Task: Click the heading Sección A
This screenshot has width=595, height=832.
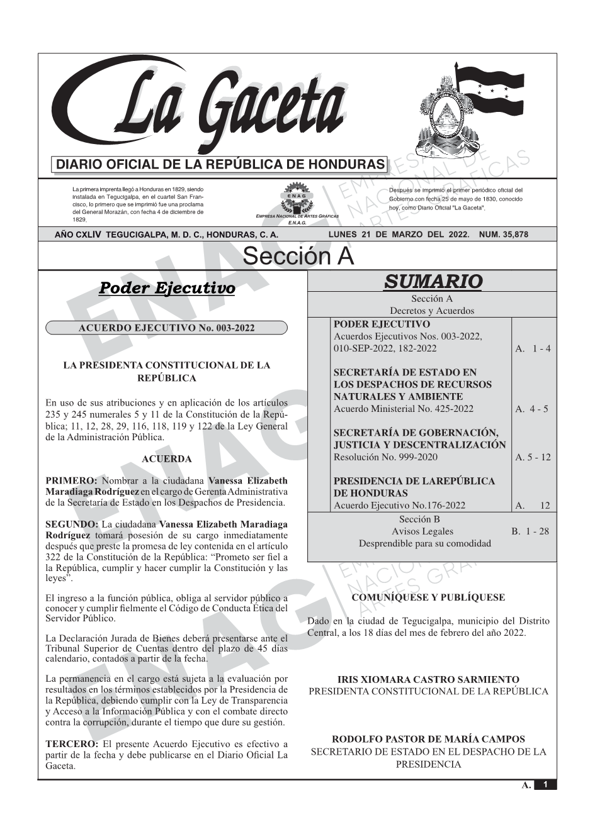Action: coord(298,256)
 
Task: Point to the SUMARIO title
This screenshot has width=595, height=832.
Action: coord(433,281)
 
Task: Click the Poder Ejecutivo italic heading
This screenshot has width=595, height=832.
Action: coord(167,288)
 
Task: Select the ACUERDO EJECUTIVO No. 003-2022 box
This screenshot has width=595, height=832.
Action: coord(166,328)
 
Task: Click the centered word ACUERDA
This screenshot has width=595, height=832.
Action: coord(166,459)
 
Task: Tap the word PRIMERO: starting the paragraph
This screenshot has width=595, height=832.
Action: coord(71,480)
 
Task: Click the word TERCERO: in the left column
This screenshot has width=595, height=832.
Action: coord(71,743)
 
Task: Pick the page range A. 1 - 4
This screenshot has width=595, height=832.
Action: coord(533,348)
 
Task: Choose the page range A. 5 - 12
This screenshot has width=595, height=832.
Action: coord(533,457)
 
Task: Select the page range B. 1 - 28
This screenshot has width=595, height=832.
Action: coord(530,531)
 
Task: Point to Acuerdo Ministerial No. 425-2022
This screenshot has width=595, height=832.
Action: coord(404,409)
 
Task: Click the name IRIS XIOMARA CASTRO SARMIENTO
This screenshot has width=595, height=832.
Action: coord(428,679)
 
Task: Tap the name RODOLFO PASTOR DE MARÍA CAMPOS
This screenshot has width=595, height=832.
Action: coord(428,739)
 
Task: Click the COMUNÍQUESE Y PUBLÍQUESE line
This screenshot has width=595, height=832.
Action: coord(428,597)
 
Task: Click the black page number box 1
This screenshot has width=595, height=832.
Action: coord(545,785)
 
